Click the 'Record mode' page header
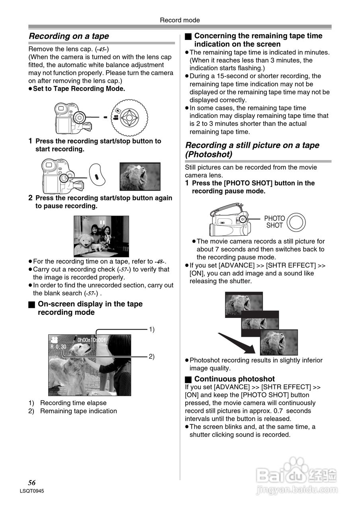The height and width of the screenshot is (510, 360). click(x=180, y=20)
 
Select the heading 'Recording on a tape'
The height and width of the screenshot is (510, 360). click(x=69, y=36)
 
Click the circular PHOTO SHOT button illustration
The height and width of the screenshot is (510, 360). click(x=296, y=222)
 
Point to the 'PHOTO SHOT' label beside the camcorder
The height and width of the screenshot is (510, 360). click(x=274, y=222)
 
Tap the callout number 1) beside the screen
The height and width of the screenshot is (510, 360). click(x=152, y=329)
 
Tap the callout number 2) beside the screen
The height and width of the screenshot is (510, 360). click(x=152, y=357)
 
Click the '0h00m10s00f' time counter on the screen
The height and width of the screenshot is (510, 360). click(x=92, y=340)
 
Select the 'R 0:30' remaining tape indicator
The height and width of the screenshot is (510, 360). click(x=58, y=347)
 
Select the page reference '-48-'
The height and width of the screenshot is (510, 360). click(x=159, y=261)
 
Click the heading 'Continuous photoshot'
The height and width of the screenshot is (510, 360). click(x=234, y=379)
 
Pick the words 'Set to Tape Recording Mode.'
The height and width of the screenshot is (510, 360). click(x=79, y=89)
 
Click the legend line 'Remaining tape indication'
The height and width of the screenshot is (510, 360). click(x=78, y=411)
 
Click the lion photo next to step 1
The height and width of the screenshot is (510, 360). click(x=140, y=177)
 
